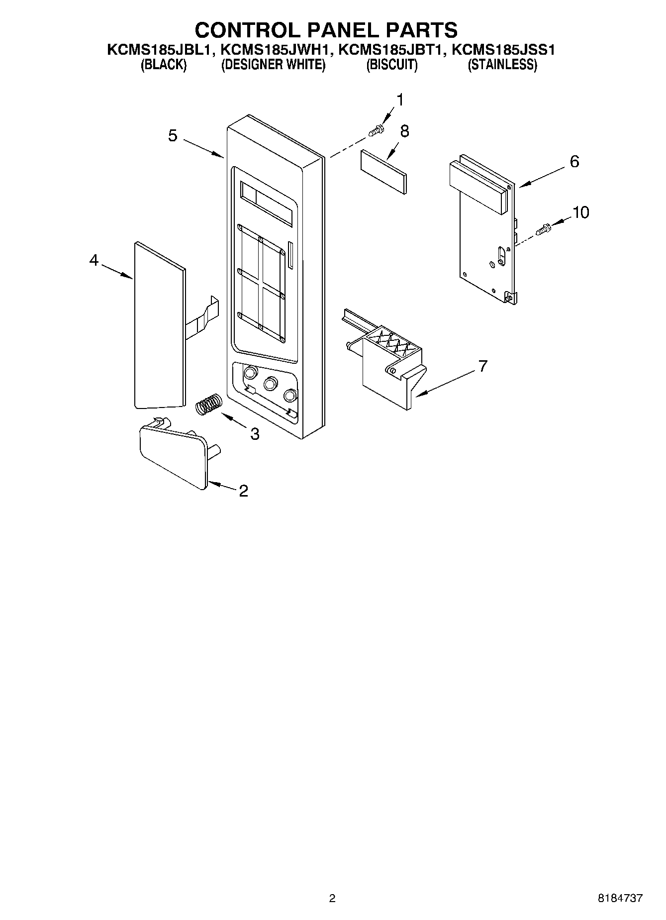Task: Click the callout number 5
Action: point(172,135)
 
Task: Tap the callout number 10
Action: point(580,212)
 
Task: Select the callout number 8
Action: point(404,131)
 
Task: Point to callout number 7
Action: point(482,366)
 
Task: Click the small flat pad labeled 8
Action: point(383,171)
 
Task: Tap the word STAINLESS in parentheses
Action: point(502,65)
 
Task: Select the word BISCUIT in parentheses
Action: point(392,65)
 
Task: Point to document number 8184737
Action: point(620,899)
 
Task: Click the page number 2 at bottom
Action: point(332,899)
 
